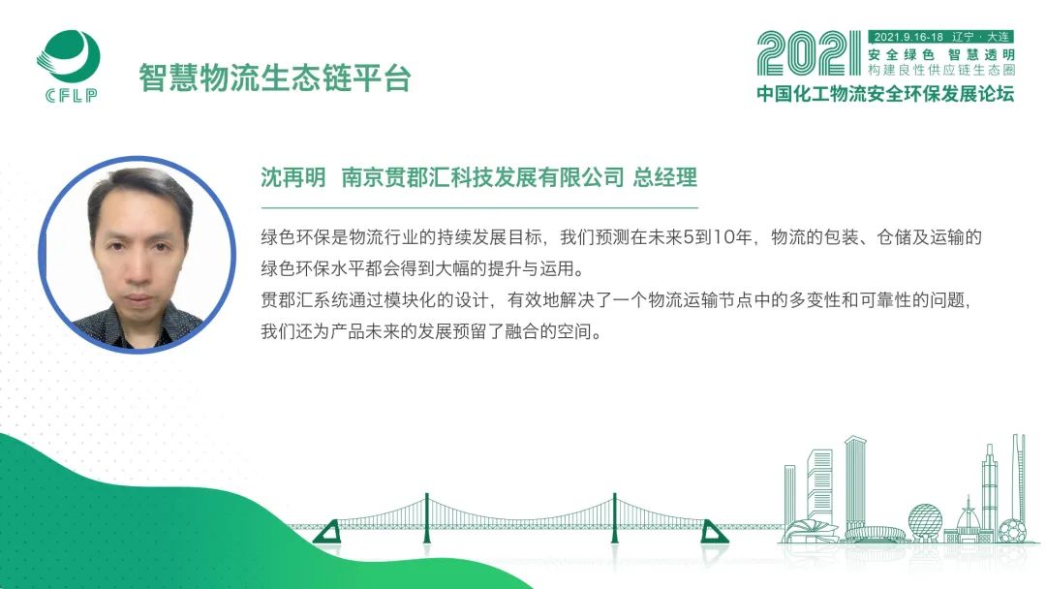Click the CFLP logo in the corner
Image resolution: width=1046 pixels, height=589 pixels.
pyautogui.click(x=68, y=65)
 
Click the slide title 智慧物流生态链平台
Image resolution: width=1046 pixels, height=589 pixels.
pyautogui.click(x=274, y=77)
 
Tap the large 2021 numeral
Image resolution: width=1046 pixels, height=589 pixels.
pyautogui.click(x=809, y=53)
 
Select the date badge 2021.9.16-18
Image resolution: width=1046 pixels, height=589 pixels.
pyautogui.click(x=908, y=37)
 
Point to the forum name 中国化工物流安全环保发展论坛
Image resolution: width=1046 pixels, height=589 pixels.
pyautogui.click(x=885, y=93)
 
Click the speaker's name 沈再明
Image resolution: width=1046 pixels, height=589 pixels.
pyautogui.click(x=292, y=177)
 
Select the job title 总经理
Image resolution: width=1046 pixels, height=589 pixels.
pyautogui.click(x=665, y=177)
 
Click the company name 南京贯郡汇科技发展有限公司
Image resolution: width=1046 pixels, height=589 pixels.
pyautogui.click(x=482, y=177)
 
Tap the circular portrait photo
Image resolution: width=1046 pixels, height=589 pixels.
pyautogui.click(x=138, y=254)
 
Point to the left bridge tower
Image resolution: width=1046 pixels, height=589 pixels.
pyautogui.click(x=427, y=519)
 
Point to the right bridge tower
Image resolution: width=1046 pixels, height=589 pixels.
pyautogui.click(x=614, y=519)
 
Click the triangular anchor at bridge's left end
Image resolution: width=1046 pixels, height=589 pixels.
pyautogui.click(x=328, y=532)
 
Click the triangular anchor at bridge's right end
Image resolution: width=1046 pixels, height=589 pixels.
pyautogui.click(x=713, y=532)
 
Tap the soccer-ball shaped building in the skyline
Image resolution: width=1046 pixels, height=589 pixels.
pyautogui.click(x=1012, y=532)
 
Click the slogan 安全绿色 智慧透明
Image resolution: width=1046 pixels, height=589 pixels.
pyautogui.click(x=941, y=54)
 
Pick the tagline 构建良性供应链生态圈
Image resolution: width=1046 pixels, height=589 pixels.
pyautogui.click(x=941, y=70)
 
